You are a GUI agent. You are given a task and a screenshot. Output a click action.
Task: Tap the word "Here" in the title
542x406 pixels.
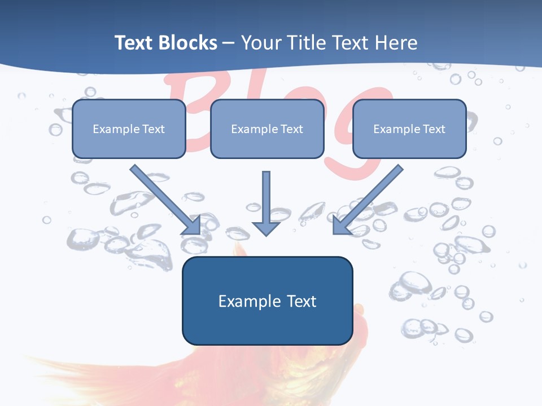coord(396,43)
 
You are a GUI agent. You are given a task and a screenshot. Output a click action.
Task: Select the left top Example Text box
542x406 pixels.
coord(129,129)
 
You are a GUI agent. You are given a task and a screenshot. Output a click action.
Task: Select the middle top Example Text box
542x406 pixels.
coord(267,129)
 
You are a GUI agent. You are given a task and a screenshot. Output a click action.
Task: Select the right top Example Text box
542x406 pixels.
coord(409,129)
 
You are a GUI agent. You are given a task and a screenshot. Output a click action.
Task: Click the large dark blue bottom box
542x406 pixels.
coord(267,301)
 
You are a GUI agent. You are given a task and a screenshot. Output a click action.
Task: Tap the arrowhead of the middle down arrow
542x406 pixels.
coord(266,228)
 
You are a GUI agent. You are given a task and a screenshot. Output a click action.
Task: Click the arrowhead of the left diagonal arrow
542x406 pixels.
coord(192,226)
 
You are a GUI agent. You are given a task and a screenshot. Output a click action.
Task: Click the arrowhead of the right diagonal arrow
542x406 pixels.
coord(341,226)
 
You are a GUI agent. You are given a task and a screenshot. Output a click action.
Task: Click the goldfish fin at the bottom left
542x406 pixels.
coord(85,378)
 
